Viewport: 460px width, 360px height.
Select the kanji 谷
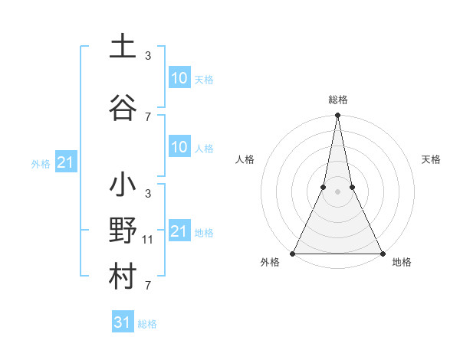click(x=123, y=107)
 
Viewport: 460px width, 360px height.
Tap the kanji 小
click(x=123, y=185)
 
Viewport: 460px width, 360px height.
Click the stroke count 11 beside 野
click(x=148, y=240)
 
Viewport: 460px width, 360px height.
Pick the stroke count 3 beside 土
click(x=148, y=55)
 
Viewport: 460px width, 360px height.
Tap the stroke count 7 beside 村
click(x=148, y=286)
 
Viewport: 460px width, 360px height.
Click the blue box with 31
click(x=123, y=322)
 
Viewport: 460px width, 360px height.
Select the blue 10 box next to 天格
click(x=179, y=78)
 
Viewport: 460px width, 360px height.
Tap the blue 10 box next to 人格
click(x=179, y=147)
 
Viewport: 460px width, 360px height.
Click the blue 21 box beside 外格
click(x=66, y=163)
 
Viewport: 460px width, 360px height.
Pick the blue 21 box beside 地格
click(x=179, y=231)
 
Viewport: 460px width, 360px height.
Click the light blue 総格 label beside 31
click(x=147, y=324)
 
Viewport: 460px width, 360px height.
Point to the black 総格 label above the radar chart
click(x=337, y=100)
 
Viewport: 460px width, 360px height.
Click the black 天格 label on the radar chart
click(x=432, y=159)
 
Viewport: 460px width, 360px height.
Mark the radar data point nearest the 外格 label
click(x=293, y=254)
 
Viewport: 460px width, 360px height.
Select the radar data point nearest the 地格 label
click(x=382, y=254)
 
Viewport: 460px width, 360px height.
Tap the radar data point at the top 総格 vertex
click(x=337, y=116)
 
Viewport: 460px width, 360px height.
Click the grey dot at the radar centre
click(x=337, y=191)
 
